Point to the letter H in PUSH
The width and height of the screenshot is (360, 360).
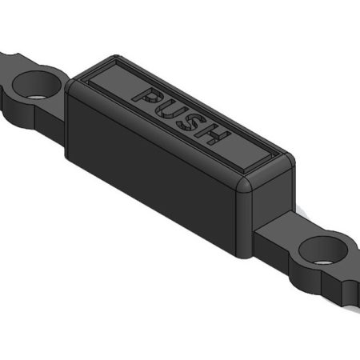coord(212,134)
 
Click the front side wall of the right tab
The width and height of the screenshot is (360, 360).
coord(312,280)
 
